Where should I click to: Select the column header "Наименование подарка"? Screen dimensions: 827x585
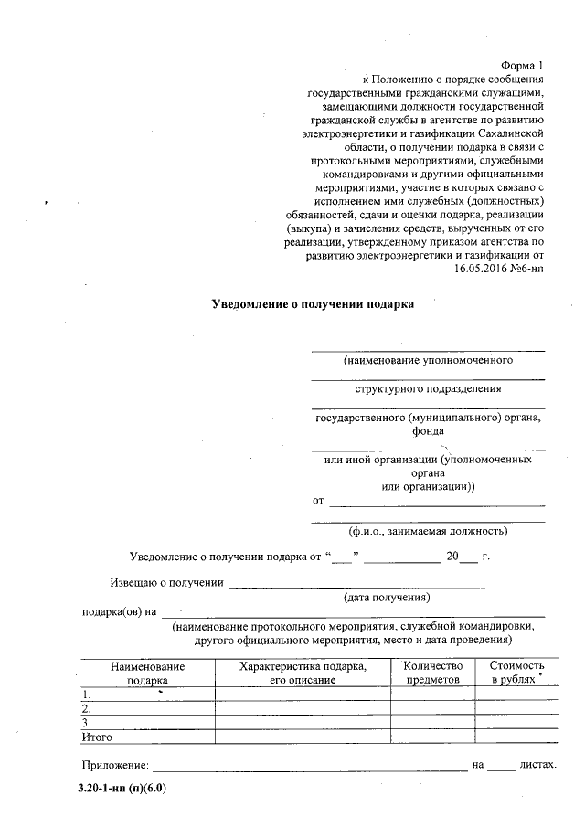(x=147, y=673)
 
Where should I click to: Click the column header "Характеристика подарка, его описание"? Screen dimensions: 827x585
(x=303, y=673)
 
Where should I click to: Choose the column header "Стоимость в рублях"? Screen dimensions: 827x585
(x=517, y=673)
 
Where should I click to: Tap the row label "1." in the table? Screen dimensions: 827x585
(x=86, y=694)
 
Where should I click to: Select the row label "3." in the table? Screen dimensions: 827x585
(x=86, y=722)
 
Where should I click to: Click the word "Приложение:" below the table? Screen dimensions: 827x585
(x=113, y=764)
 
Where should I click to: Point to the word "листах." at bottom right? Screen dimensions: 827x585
(x=537, y=764)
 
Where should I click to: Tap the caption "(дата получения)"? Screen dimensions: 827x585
(x=387, y=597)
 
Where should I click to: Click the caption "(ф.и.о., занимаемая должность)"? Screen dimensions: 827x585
(x=428, y=531)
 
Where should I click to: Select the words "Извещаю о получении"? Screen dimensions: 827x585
(x=166, y=581)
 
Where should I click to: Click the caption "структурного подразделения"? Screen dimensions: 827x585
(x=428, y=388)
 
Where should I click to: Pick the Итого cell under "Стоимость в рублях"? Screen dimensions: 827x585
(x=517, y=736)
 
